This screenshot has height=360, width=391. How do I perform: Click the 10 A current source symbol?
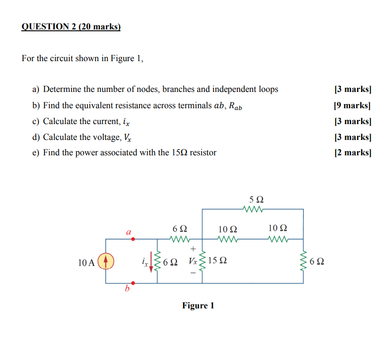[x=106, y=261]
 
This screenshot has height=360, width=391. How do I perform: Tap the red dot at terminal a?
[x=133, y=239]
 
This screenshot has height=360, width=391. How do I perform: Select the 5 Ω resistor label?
[x=256, y=200]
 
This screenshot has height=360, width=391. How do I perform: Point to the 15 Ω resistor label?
[x=218, y=261]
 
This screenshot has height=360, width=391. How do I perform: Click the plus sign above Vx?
[x=193, y=249]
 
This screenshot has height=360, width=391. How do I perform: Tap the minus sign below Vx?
[x=193, y=274]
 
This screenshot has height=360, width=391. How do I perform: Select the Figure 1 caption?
[x=198, y=306]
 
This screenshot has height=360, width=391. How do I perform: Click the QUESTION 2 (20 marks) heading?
[x=71, y=27]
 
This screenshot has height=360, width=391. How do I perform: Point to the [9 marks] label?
[x=352, y=106]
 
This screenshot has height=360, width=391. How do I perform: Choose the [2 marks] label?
[x=352, y=153]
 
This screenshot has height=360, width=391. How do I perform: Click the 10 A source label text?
[x=86, y=262]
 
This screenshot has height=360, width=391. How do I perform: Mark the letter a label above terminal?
[x=128, y=232]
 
